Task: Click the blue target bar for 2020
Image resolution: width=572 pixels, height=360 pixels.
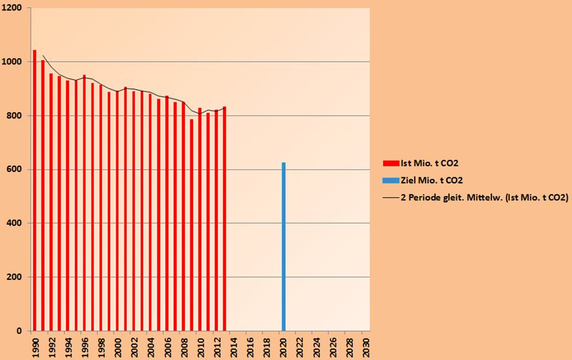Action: pos(284,247)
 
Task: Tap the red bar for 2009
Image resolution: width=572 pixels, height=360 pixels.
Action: pos(191,225)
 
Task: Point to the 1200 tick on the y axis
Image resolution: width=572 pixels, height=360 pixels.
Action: pos(15,8)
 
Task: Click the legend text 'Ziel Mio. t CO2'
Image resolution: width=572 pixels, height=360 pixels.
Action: pos(435,180)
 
